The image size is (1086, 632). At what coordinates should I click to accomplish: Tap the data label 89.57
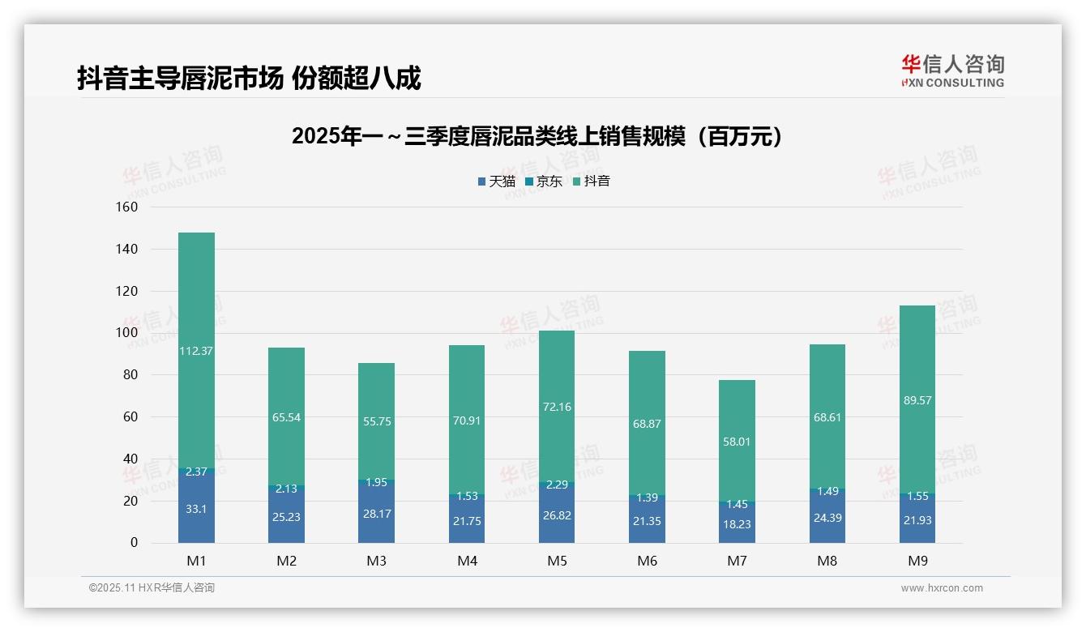917,400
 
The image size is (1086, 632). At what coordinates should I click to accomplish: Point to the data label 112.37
196,351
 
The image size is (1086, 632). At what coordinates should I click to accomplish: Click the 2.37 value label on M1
196,472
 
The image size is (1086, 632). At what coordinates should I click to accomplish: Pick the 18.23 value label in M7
737,524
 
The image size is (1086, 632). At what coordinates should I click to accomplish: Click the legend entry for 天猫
497,181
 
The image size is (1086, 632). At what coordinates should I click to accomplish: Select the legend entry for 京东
544,181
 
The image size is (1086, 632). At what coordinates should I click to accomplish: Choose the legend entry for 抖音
592,181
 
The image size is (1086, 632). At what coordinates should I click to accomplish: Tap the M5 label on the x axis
557,561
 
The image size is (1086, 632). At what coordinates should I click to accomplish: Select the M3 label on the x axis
377,561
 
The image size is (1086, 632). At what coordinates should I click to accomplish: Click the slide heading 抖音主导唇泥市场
249,79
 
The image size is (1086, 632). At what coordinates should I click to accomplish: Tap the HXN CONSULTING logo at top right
952,71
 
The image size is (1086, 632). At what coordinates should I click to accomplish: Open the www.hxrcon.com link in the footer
942,588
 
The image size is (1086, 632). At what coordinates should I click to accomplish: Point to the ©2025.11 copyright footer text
152,588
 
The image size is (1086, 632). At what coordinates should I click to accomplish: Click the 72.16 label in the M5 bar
557,407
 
